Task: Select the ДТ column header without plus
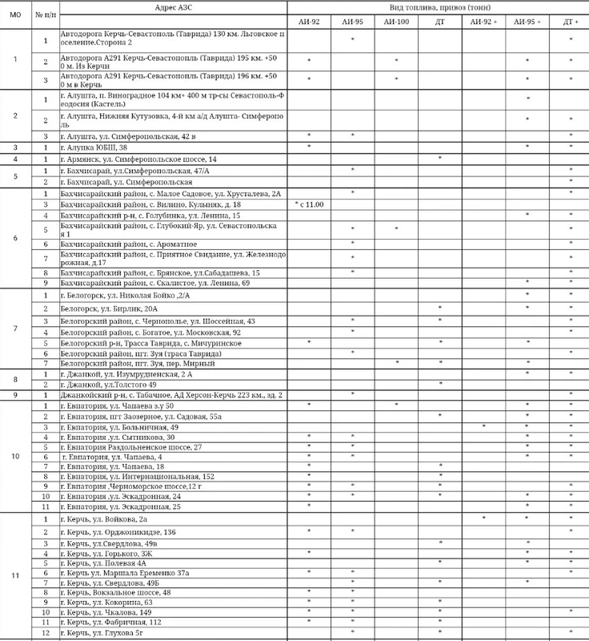click(440, 22)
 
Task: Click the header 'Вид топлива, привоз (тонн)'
click(438, 7)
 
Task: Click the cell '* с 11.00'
click(309, 205)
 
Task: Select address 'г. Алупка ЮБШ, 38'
click(94, 147)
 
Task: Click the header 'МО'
click(15, 14)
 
